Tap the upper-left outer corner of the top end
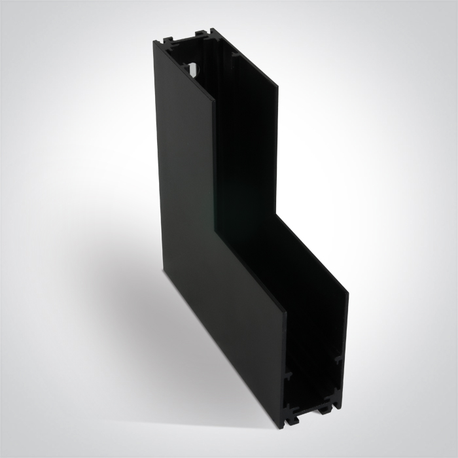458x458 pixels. (155, 41)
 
